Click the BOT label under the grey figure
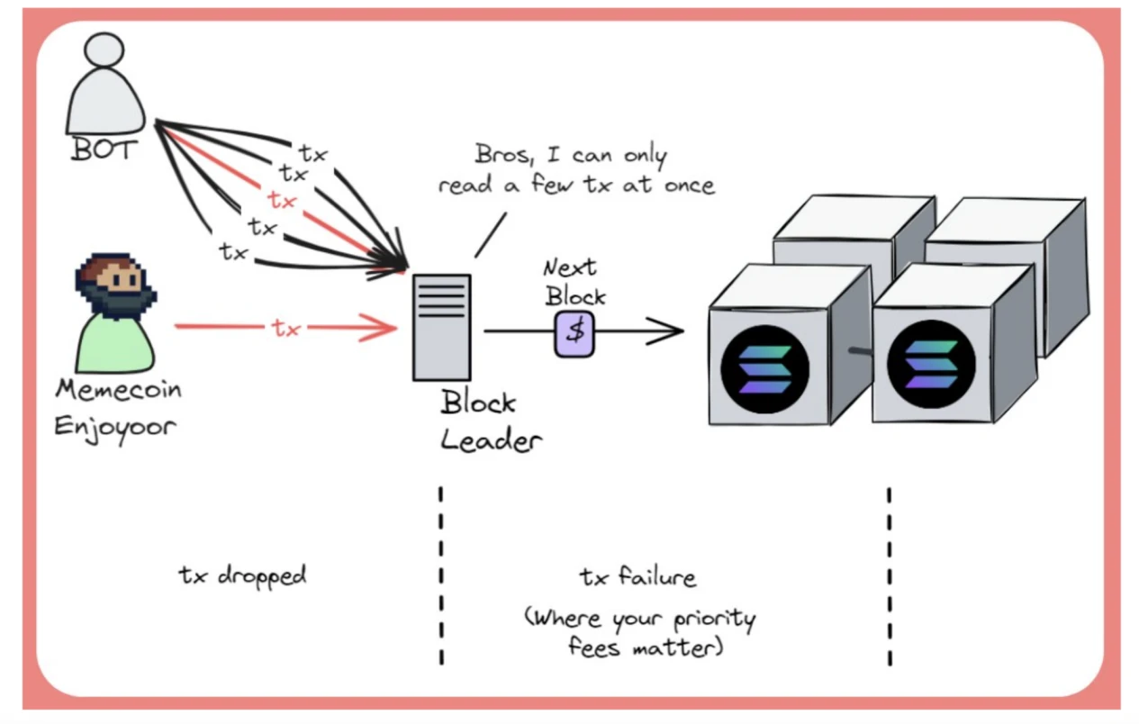tap(101, 149)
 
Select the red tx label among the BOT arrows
tap(282, 200)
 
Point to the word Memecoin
tap(118, 390)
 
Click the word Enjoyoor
tap(114, 424)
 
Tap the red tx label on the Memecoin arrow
tap(285, 329)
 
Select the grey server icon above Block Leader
tap(441, 327)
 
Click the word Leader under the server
tap(492, 440)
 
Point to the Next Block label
tap(574, 281)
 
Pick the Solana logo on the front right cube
tap(931, 367)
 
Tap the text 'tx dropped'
tap(242, 575)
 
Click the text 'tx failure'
tap(637, 575)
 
